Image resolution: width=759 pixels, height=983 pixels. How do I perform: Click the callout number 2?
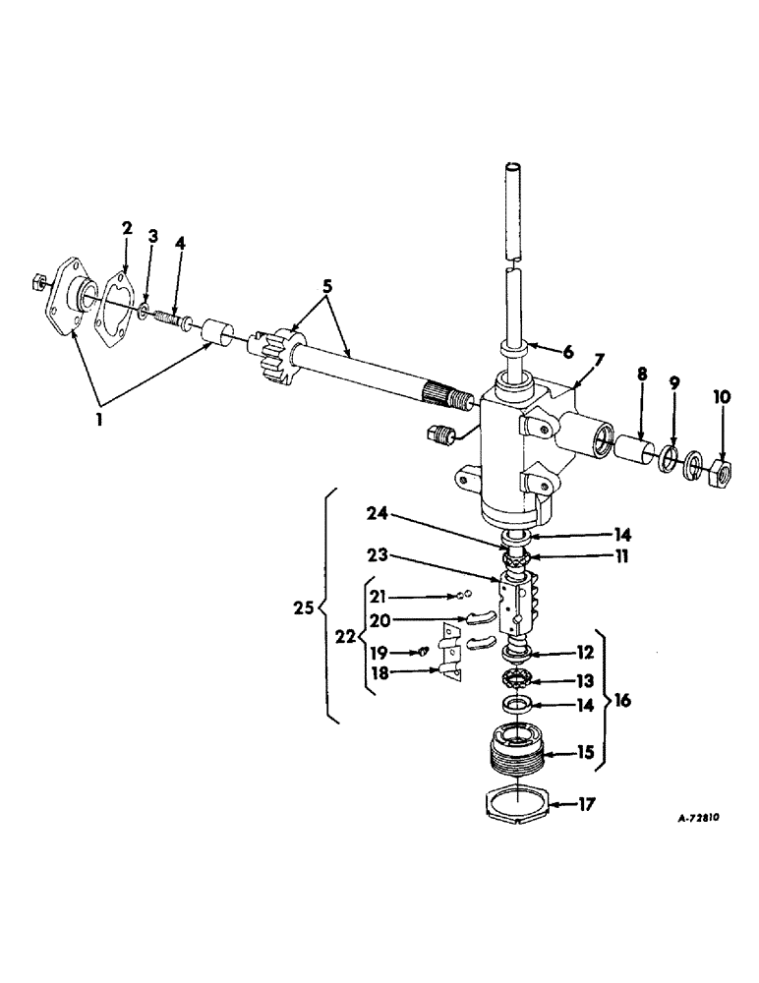pyautogui.click(x=126, y=228)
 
